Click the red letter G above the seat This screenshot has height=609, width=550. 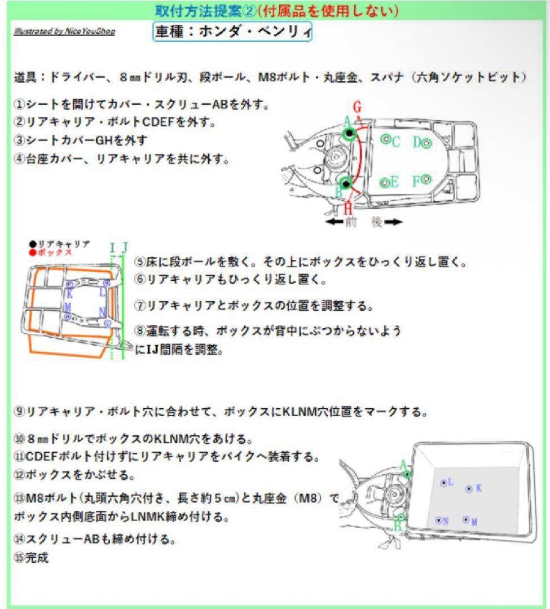357,106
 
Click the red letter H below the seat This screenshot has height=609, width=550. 349,208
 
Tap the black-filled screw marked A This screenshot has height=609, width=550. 350,134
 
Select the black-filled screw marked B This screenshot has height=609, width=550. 346,183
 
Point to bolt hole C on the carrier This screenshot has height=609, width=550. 385,139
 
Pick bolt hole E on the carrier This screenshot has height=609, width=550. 384,182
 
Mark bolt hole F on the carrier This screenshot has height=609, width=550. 426,179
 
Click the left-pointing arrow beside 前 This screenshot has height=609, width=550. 335,222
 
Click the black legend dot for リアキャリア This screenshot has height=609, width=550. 33,244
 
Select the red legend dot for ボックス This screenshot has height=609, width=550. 33,252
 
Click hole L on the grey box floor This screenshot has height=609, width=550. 443,483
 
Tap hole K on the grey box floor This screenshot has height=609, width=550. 468,489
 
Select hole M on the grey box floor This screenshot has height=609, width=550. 466,519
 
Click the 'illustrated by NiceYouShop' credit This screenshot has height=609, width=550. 64,31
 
